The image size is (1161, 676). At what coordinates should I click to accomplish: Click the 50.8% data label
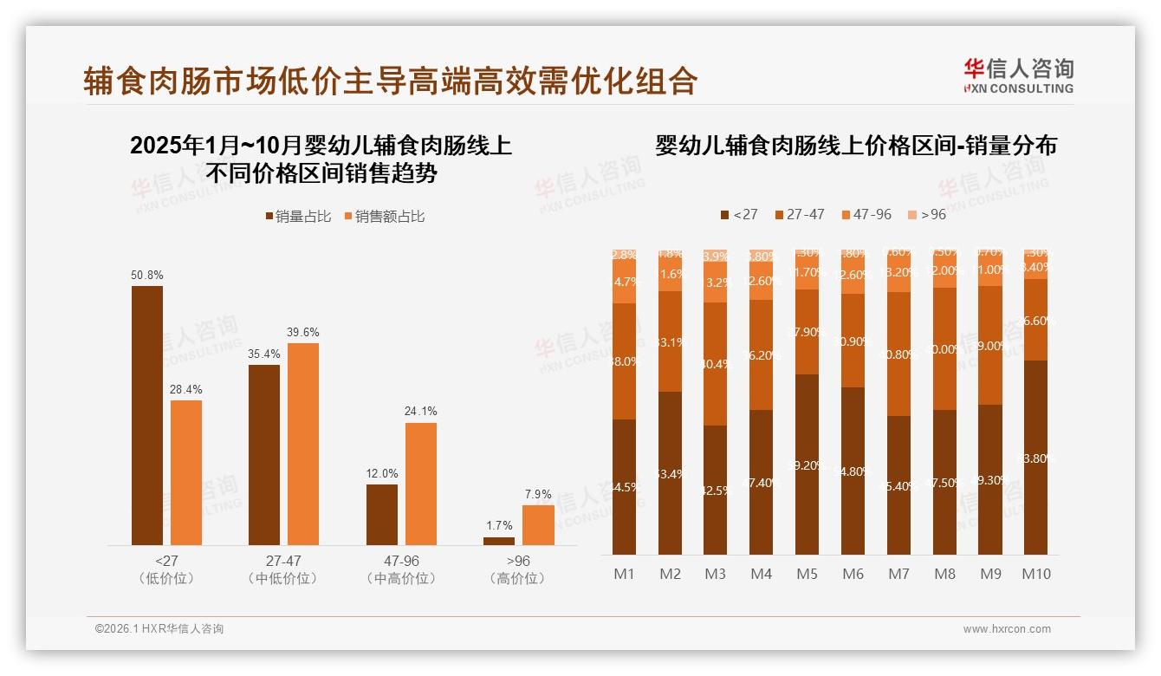(x=147, y=275)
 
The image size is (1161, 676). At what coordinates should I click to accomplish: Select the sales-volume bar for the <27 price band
(x=147, y=415)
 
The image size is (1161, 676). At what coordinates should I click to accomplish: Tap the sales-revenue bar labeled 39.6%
(x=303, y=444)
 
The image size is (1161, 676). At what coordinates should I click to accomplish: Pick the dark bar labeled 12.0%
(x=382, y=515)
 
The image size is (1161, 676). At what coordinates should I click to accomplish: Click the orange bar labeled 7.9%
(x=538, y=525)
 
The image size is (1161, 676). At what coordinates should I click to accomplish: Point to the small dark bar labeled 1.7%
(x=499, y=541)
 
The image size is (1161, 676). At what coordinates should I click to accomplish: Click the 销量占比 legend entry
(x=297, y=217)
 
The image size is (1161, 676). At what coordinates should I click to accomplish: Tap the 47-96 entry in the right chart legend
(x=866, y=214)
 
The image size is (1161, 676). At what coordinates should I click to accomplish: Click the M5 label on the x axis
(x=808, y=574)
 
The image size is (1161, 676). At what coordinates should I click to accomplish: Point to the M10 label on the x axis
(x=1035, y=574)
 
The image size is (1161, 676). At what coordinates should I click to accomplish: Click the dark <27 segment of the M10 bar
(x=1035, y=458)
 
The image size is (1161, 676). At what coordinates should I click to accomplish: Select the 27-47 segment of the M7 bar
(x=899, y=354)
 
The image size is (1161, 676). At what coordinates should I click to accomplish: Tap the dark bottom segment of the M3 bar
(x=715, y=490)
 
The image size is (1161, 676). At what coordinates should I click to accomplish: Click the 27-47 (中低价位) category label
(x=283, y=569)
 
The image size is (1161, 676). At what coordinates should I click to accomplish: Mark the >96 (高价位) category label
(x=517, y=569)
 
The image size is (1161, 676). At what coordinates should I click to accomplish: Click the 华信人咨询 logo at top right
(x=1018, y=75)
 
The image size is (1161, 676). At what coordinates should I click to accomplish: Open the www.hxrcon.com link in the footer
(x=1007, y=629)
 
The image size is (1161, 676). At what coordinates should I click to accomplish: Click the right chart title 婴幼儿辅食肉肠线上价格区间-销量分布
(x=856, y=145)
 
